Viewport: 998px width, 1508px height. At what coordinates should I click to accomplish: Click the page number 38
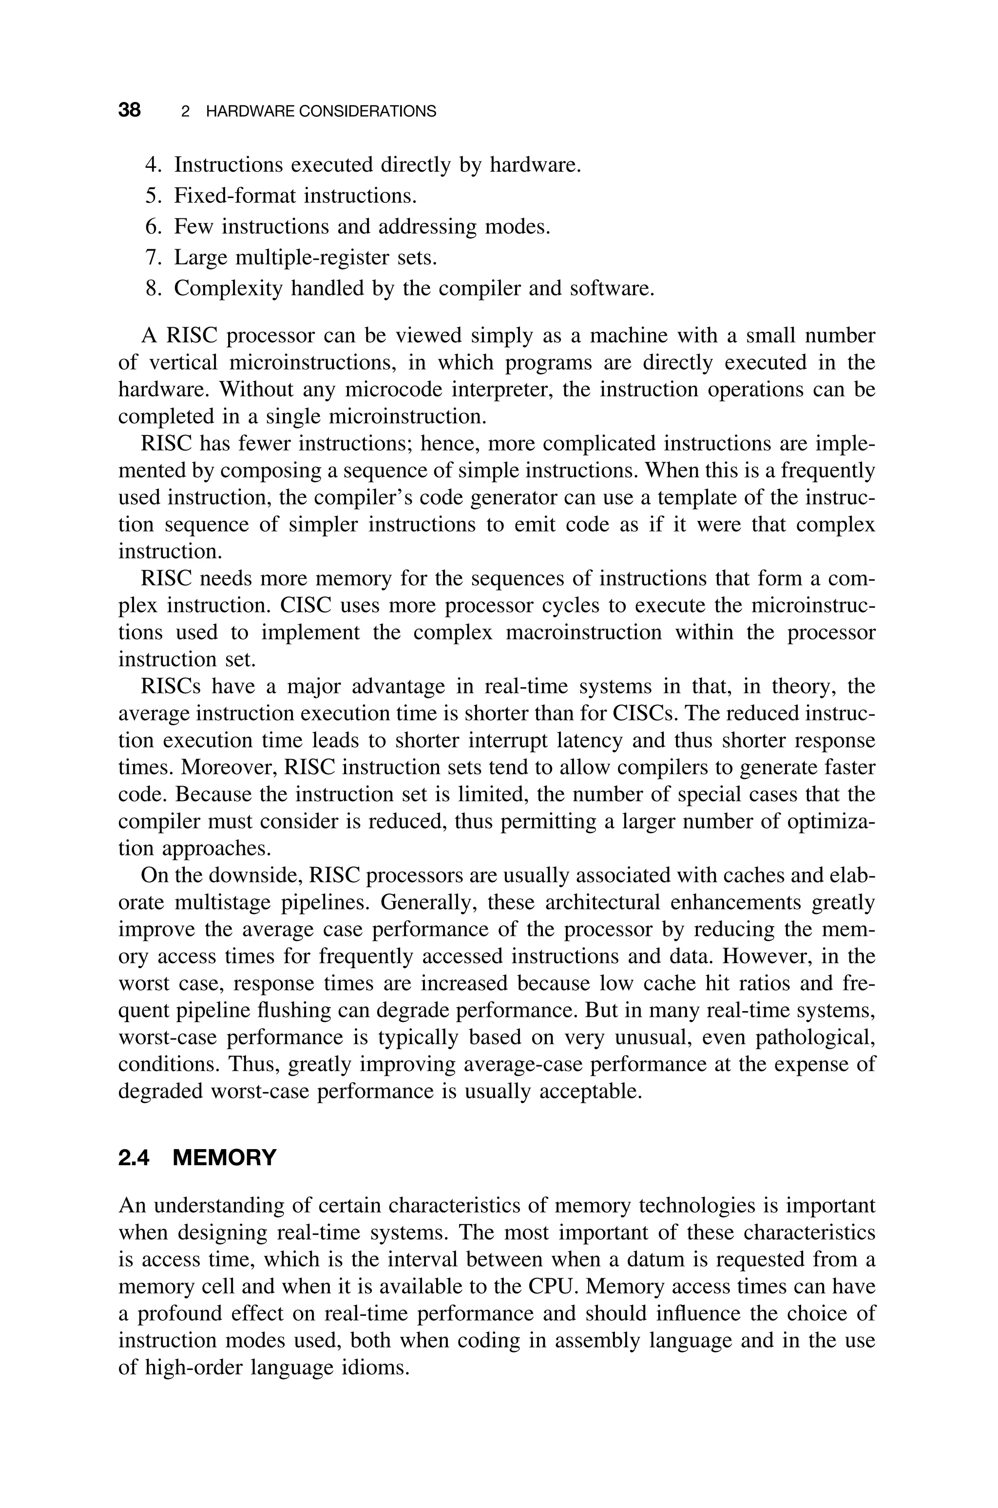coord(129,110)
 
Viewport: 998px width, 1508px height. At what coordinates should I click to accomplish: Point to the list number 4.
coord(153,165)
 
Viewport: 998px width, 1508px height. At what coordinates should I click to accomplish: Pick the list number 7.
coord(153,258)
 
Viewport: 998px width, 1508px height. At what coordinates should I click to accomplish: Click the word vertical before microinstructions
coord(183,362)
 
